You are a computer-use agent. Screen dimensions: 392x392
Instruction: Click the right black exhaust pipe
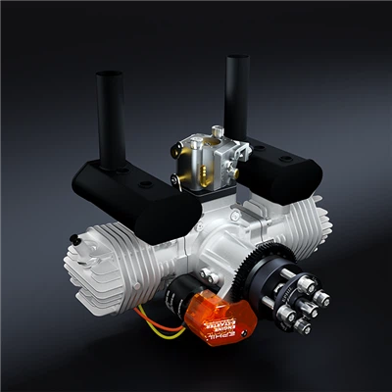click(236, 93)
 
